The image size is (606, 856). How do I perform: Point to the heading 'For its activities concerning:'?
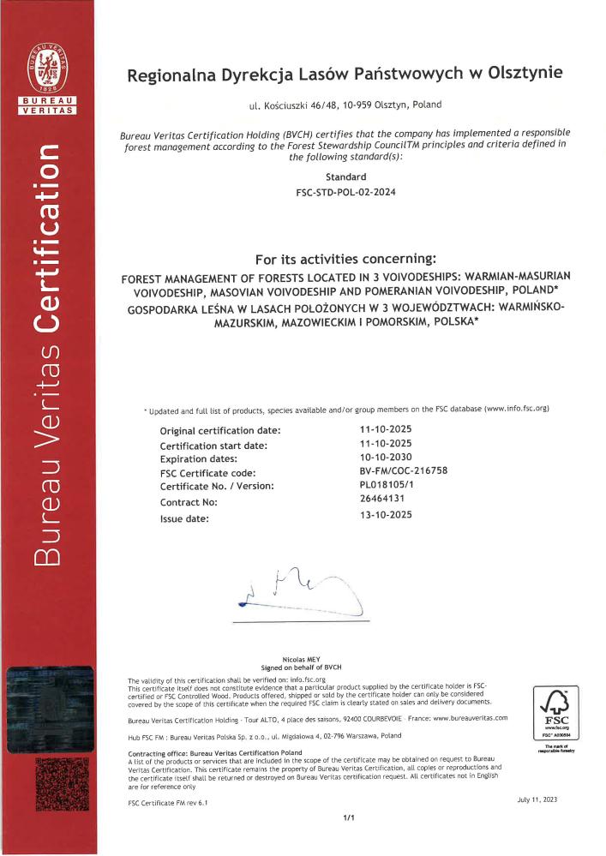[345, 259]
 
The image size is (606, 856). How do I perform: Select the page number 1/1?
[349, 819]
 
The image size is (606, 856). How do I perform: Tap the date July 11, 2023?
[537, 799]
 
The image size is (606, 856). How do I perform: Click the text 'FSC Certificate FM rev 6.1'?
[167, 803]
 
